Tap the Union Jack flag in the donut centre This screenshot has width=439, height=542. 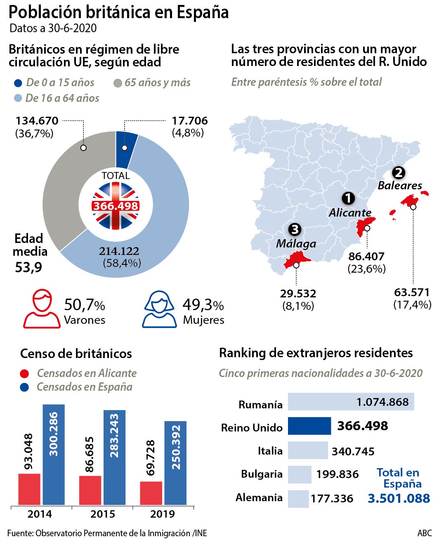[x=116, y=205]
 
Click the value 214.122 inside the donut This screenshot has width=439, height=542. [x=119, y=251]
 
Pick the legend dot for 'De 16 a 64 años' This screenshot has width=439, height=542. [x=17, y=98]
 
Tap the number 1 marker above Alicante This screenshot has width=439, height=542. [x=348, y=198]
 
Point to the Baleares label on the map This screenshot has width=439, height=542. [x=400, y=186]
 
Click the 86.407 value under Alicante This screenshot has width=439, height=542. [x=366, y=257]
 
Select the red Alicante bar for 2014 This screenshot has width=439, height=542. [x=29, y=489]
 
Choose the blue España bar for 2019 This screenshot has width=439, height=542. [x=175, y=463]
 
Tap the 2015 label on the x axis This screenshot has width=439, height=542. [x=103, y=514]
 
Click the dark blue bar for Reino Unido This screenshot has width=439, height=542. [x=309, y=426]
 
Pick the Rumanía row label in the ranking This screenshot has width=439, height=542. [x=260, y=405]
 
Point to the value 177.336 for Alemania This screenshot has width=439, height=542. [x=332, y=499]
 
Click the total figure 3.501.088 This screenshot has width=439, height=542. [x=399, y=498]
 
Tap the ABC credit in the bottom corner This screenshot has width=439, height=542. [x=425, y=533]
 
